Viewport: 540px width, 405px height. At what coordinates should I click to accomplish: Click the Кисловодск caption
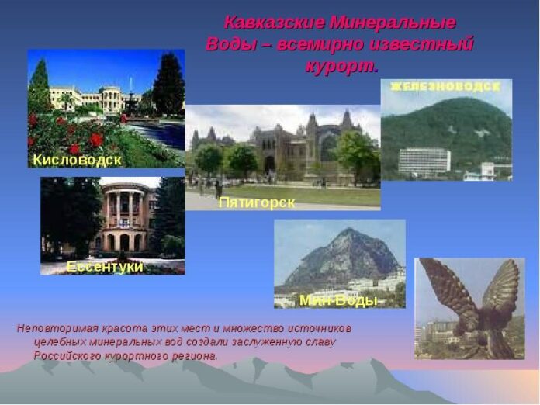(x=77, y=159)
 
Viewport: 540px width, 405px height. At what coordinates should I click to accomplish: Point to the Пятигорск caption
(x=256, y=202)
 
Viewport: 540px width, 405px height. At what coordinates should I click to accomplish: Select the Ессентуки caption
(x=105, y=266)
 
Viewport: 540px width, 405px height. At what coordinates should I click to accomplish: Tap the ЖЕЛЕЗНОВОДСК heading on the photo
(x=445, y=86)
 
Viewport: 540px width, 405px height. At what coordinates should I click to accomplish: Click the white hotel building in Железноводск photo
(x=424, y=160)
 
